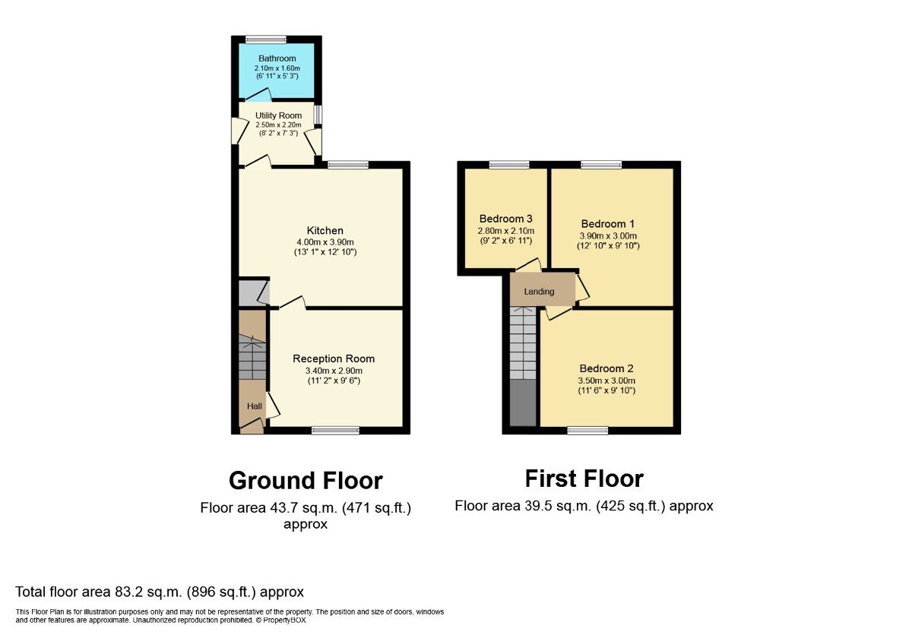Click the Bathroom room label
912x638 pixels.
tap(277, 58)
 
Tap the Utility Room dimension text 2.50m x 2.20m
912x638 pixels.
tap(278, 125)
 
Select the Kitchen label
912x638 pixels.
tap(325, 231)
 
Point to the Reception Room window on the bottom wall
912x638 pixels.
tap(335, 431)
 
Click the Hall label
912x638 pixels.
tap(254, 406)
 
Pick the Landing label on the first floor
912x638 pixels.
tap(539, 292)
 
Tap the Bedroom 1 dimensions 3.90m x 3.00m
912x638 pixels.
tap(608, 235)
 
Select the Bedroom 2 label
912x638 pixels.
tap(606, 369)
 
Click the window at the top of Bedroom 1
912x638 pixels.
tap(601, 164)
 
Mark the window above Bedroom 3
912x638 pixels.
tap(509, 164)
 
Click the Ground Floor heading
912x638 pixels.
tap(306, 481)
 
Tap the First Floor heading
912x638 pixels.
tap(584, 478)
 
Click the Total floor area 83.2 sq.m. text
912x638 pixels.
tap(160, 592)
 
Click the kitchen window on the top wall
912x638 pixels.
tap(348, 164)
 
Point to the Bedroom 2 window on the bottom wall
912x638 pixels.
tap(587, 431)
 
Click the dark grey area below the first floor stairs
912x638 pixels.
tap(522, 403)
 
